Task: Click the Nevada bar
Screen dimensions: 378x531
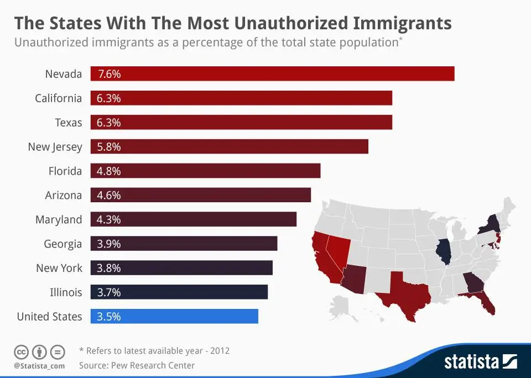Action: point(272,73)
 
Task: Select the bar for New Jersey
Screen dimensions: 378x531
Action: point(229,146)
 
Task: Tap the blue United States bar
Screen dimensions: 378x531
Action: point(174,317)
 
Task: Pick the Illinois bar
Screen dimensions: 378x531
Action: point(179,292)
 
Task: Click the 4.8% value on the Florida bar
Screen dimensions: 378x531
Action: point(108,171)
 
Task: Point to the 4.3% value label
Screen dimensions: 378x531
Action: point(108,219)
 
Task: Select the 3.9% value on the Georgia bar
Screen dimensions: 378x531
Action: point(108,244)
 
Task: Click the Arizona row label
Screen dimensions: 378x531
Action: point(63,195)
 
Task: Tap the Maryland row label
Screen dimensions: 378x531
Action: point(59,219)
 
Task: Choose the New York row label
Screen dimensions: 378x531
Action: point(59,268)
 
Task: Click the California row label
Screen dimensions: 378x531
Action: point(58,98)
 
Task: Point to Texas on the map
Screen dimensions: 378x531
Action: point(407,293)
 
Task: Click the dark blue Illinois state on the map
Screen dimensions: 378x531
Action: point(443,251)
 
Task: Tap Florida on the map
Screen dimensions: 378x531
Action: point(486,301)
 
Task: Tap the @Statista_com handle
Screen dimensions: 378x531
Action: point(39,366)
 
